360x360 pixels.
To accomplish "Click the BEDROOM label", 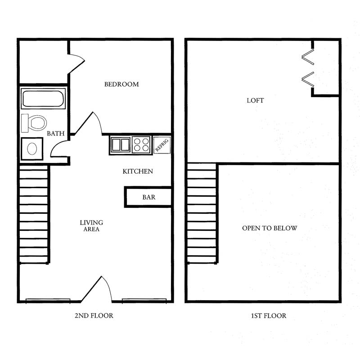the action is (121, 84).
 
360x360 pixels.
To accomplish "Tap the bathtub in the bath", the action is (43, 99).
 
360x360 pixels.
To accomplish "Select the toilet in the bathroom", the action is (34, 123).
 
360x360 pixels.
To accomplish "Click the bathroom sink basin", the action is (32, 149).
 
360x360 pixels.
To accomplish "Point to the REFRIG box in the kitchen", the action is (162, 145).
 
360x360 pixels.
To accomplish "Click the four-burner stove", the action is (141, 144).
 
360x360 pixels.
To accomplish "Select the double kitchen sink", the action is (121, 144).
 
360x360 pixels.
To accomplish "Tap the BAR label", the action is (149, 197).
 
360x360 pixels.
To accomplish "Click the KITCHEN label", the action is (138, 171).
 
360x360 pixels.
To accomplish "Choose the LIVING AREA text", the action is (91, 226).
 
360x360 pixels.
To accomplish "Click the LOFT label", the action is (255, 100).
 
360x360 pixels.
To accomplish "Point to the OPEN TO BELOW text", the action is (270, 228).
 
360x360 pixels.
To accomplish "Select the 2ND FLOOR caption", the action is (94, 316).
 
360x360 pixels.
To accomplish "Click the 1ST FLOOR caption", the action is (269, 316).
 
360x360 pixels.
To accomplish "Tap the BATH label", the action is (55, 133).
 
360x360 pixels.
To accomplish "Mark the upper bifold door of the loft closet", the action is (308, 57).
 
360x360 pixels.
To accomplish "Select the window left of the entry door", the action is (48, 301).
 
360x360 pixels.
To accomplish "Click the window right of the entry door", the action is (144, 301).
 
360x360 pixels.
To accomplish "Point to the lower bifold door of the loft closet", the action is (308, 80).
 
